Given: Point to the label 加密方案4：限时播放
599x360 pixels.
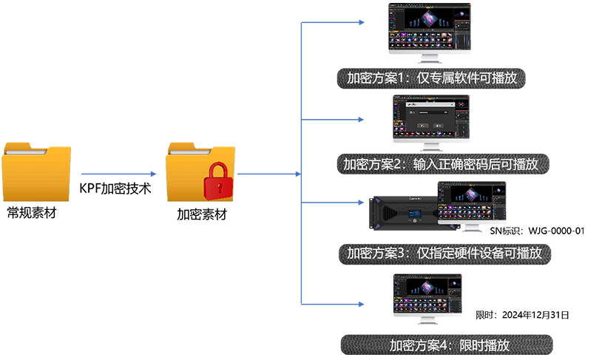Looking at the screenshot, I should (450, 344).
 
